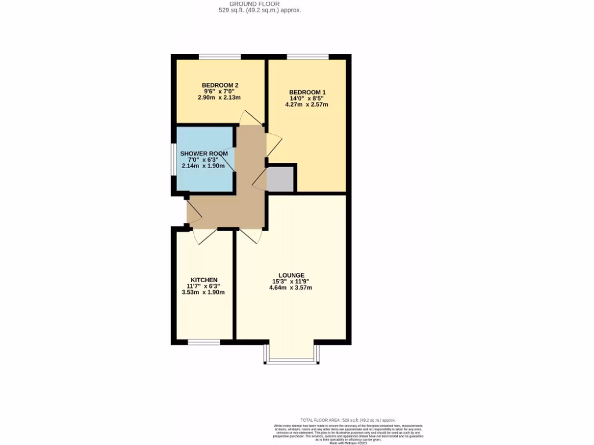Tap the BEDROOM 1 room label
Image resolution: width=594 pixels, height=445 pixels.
click(307, 92)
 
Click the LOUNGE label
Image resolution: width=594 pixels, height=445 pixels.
click(291, 275)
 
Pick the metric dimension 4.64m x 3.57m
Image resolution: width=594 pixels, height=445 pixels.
click(291, 287)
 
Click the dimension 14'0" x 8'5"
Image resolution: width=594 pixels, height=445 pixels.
click(307, 99)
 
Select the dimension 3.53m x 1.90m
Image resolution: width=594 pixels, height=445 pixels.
click(203, 292)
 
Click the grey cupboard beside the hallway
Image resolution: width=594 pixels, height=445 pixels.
click(281, 178)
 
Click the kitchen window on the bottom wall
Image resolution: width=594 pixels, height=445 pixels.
click(204, 342)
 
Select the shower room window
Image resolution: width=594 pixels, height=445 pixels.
click(173, 158)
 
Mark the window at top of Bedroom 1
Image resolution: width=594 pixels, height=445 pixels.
click(307, 56)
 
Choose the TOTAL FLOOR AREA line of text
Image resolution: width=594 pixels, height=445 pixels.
click(348, 420)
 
